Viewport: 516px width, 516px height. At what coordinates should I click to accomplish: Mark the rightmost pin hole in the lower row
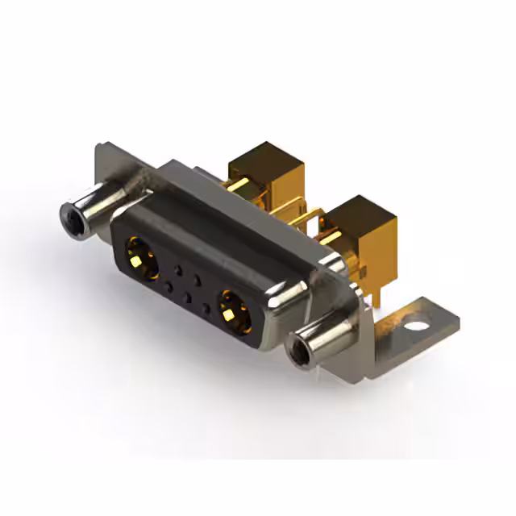pos(206,308)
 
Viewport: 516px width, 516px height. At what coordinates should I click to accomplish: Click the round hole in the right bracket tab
pos(415,329)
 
